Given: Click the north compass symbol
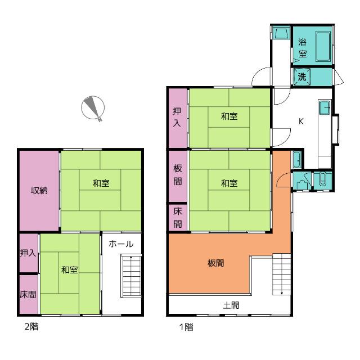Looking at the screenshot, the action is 93,108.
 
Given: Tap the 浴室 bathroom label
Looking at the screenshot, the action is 303,48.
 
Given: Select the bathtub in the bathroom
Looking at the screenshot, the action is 323,47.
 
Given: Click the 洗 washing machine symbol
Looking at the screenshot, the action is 302,76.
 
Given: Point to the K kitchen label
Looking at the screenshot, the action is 301,121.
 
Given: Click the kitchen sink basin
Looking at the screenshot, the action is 325,107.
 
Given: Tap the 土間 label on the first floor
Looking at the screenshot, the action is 231,305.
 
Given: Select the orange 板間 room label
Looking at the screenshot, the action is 215,263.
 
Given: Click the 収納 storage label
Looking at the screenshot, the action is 39,190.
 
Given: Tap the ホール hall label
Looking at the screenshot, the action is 121,244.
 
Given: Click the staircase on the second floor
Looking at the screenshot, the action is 131,276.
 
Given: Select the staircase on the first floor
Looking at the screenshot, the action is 282,274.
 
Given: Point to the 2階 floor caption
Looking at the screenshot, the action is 31,326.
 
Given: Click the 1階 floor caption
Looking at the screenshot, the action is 186,327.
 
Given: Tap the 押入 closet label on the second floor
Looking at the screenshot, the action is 28,253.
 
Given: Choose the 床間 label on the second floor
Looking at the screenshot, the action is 28,294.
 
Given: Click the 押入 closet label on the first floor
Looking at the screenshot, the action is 177,118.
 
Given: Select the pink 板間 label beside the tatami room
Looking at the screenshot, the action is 178,175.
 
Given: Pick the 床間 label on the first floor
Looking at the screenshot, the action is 178,218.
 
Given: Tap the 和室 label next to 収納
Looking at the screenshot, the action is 101,183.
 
